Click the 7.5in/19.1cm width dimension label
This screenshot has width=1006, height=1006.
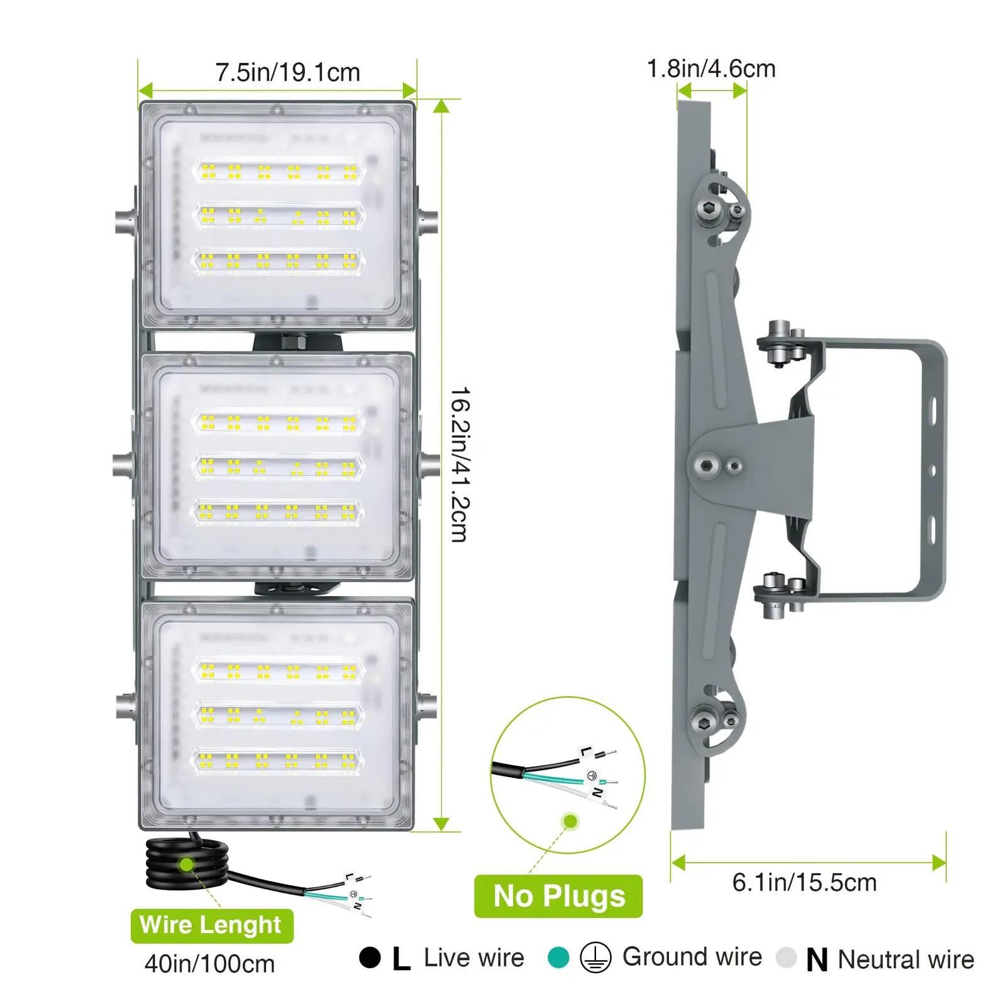pos(287,73)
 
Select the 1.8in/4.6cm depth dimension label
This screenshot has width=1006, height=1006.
pos(711,69)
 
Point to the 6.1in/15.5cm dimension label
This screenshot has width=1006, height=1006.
pos(804,882)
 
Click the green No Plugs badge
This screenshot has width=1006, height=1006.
pos(558,896)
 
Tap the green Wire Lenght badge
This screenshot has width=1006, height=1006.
pos(212,926)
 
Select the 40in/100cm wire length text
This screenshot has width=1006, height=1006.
pos(209,964)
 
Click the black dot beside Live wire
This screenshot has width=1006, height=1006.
pos(370,958)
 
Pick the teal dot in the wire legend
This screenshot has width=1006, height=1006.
pos(558,958)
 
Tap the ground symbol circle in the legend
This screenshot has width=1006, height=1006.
pos(595,958)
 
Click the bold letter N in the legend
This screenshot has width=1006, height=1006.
pos(817,960)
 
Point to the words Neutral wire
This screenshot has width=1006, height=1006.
pos(906,959)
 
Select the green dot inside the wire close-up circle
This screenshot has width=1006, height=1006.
pos(570,821)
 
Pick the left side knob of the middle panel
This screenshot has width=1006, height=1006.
pos(124,465)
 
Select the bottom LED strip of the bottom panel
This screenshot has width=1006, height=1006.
pos(277,761)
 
